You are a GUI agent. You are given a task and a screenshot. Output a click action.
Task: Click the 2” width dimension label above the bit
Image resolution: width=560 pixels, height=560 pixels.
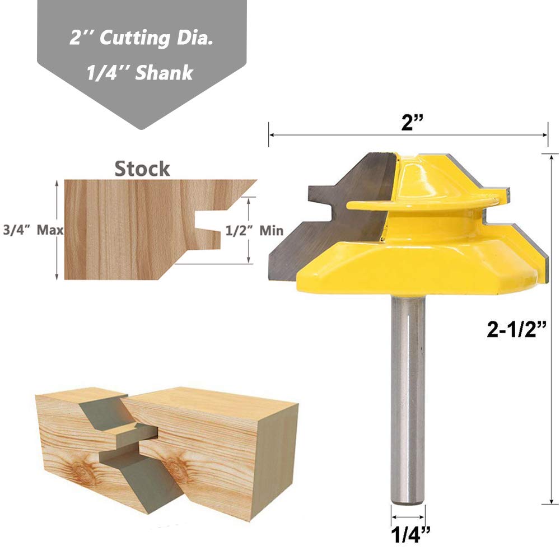coord(412,123)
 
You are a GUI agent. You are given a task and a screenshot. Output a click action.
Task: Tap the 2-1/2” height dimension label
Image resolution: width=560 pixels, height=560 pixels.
coord(516,329)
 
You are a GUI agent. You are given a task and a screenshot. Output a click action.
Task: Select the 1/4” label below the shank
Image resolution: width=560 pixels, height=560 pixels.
coord(410,534)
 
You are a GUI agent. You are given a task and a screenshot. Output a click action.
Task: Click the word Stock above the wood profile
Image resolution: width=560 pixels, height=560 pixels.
coord(142,169)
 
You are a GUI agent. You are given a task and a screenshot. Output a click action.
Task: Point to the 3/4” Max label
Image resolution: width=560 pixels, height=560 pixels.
coord(33,230)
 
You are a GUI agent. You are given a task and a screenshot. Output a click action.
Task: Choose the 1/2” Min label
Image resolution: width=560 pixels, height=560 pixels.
coord(254,230)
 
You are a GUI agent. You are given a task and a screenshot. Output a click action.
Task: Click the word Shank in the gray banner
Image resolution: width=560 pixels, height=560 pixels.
coord(164,73)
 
